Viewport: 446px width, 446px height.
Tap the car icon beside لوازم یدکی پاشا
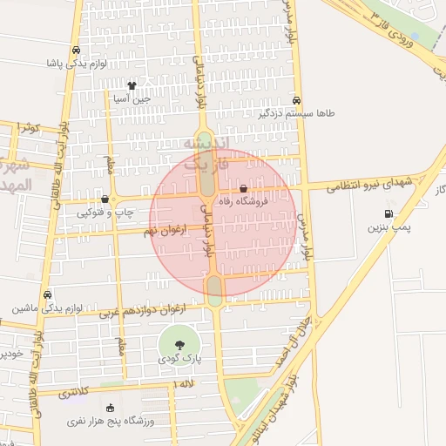click(79, 51)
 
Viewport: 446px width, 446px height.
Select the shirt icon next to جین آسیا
click(132, 85)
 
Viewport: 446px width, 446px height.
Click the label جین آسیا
click(132, 98)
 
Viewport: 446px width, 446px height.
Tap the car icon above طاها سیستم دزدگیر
click(298, 100)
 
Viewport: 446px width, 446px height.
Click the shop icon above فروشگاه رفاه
click(242, 187)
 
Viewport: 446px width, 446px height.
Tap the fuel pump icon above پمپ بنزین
click(388, 213)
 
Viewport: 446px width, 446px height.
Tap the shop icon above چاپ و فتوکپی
click(105, 199)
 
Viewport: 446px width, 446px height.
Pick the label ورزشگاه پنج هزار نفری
click(110, 422)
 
